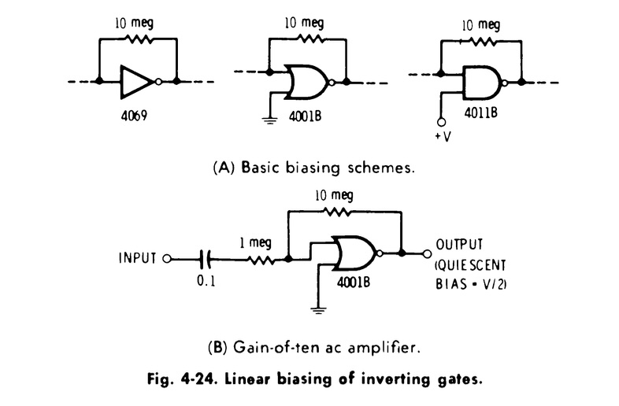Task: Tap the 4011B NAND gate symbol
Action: point(480,82)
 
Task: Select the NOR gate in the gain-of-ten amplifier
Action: point(354,254)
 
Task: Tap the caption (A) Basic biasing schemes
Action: point(309,167)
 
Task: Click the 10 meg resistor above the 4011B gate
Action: point(483,40)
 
